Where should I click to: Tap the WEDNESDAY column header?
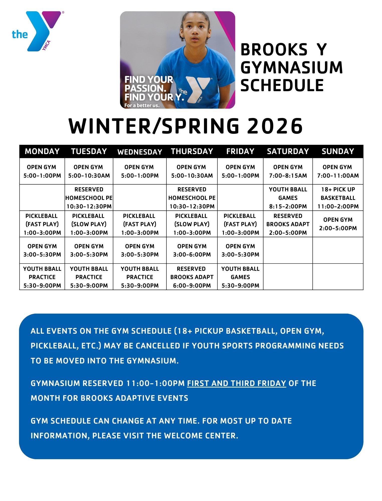click(x=140, y=152)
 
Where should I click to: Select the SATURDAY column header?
click(x=288, y=151)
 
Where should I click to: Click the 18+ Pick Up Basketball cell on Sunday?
click(x=338, y=198)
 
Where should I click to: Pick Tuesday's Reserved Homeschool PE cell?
click(x=89, y=198)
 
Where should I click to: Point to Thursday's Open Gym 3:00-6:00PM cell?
click(x=192, y=250)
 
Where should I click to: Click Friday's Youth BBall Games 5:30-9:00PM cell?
click(x=240, y=277)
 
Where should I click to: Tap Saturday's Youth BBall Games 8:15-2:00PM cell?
click(x=288, y=198)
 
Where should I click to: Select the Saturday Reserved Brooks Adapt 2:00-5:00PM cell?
click(x=288, y=224)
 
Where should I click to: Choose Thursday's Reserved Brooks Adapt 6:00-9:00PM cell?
click(x=192, y=277)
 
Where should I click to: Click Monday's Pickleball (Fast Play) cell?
click(x=42, y=224)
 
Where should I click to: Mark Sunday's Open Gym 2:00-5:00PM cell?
click(x=338, y=224)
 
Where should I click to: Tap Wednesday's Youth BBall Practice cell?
click(x=140, y=277)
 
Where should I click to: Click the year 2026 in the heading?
click(x=275, y=126)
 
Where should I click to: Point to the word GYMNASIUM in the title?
click(x=292, y=67)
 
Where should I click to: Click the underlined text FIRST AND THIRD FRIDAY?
click(x=236, y=383)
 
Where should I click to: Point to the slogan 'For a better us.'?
click(x=142, y=105)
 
